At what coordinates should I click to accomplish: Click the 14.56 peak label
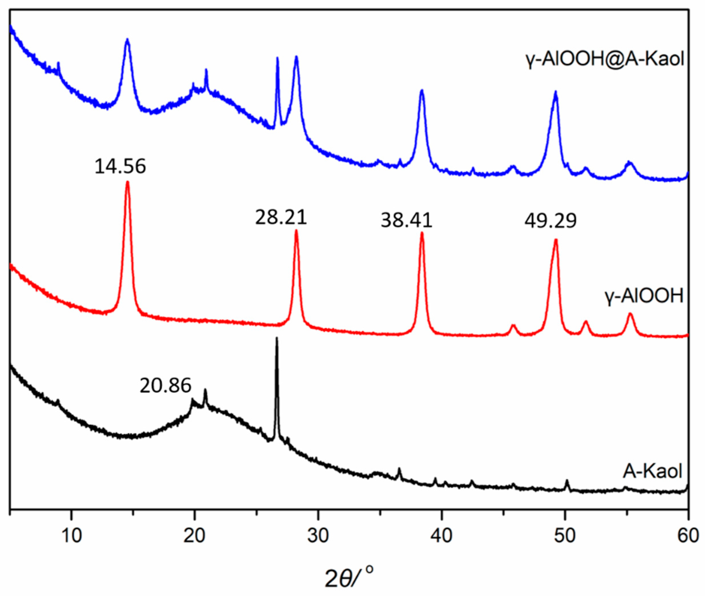pos(120,167)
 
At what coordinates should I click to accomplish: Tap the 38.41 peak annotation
pos(407,221)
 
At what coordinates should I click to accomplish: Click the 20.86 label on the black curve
pos(165,385)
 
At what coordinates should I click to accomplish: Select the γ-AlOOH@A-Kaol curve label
pos(605,59)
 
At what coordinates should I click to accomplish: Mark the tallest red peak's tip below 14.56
pos(127,183)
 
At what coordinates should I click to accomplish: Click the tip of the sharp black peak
pos(277,338)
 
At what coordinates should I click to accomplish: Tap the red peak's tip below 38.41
pos(422,233)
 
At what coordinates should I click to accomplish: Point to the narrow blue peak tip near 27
pos(278,58)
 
